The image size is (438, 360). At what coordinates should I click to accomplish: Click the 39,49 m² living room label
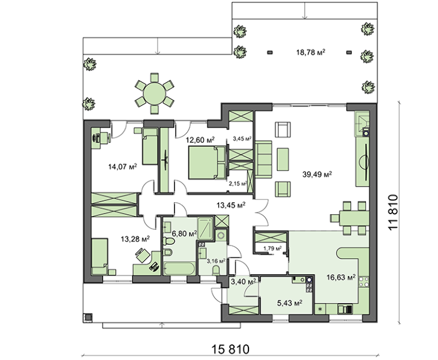click(x=317, y=175)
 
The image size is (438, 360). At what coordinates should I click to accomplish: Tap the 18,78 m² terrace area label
click(x=310, y=52)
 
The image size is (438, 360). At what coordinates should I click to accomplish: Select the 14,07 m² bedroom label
click(x=123, y=167)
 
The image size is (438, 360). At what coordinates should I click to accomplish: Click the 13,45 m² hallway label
click(x=231, y=205)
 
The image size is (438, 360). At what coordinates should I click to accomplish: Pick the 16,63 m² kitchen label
click(x=341, y=277)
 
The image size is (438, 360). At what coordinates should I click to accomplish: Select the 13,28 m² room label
click(x=135, y=239)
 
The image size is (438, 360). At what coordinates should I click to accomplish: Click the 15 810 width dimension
click(x=230, y=349)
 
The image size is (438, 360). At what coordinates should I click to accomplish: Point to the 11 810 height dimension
click(x=392, y=212)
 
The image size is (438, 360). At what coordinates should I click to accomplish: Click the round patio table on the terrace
click(x=154, y=93)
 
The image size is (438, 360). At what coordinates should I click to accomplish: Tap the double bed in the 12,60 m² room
click(x=207, y=162)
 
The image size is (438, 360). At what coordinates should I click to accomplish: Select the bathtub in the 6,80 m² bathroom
click(x=179, y=269)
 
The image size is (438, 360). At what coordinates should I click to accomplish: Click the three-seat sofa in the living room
click(x=263, y=159)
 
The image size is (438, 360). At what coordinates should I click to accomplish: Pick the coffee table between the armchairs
click(x=283, y=159)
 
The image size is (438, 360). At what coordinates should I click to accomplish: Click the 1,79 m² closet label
click(x=273, y=248)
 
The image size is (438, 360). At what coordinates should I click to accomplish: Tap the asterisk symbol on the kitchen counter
click(x=320, y=309)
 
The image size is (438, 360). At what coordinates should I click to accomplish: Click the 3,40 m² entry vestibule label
click(x=243, y=282)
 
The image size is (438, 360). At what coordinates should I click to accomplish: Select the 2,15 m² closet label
click(x=238, y=183)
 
